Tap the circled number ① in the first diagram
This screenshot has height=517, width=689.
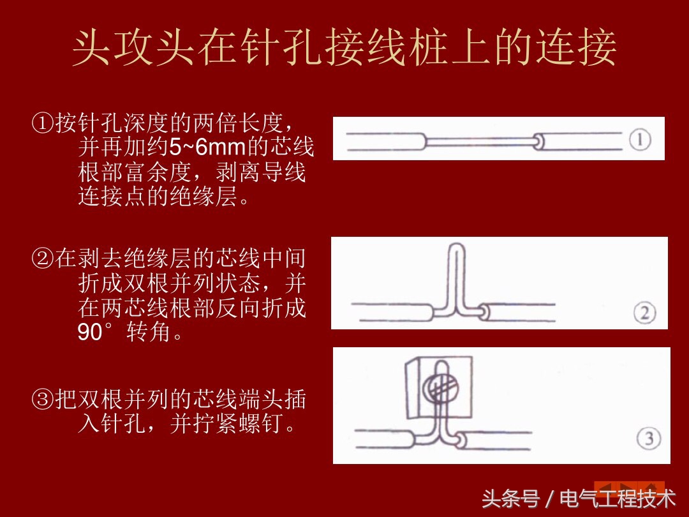pyautogui.click(x=640, y=140)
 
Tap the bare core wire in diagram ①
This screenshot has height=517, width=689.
pyautogui.click(x=478, y=140)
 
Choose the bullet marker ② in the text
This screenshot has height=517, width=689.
pyautogui.click(x=43, y=259)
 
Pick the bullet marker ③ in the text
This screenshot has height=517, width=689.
pyautogui.click(x=43, y=400)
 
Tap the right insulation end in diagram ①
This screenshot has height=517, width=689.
pyautogui.click(x=540, y=141)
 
